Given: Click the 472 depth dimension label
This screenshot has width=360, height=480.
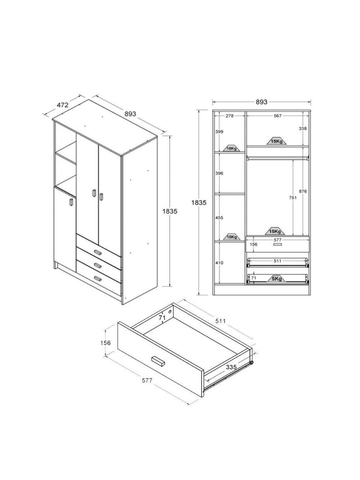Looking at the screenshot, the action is pos(62,105).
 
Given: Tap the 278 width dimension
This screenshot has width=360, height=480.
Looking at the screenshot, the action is pos(229,116).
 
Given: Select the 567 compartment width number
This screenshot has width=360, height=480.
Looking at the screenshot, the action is pos(277,116).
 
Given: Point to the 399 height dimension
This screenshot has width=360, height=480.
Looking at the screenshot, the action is pos(219,131).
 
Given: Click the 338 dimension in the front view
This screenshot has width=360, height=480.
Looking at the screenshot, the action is pos(302,129).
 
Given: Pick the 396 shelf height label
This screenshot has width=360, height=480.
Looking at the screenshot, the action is pos(219,173).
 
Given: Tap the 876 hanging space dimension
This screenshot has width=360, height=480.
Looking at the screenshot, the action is pos(302,191).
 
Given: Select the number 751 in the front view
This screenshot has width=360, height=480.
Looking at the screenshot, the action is pos(292,198).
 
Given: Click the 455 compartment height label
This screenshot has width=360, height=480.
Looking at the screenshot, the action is pos(219,217).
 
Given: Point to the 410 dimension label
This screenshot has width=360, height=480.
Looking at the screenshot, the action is pos(219,263).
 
